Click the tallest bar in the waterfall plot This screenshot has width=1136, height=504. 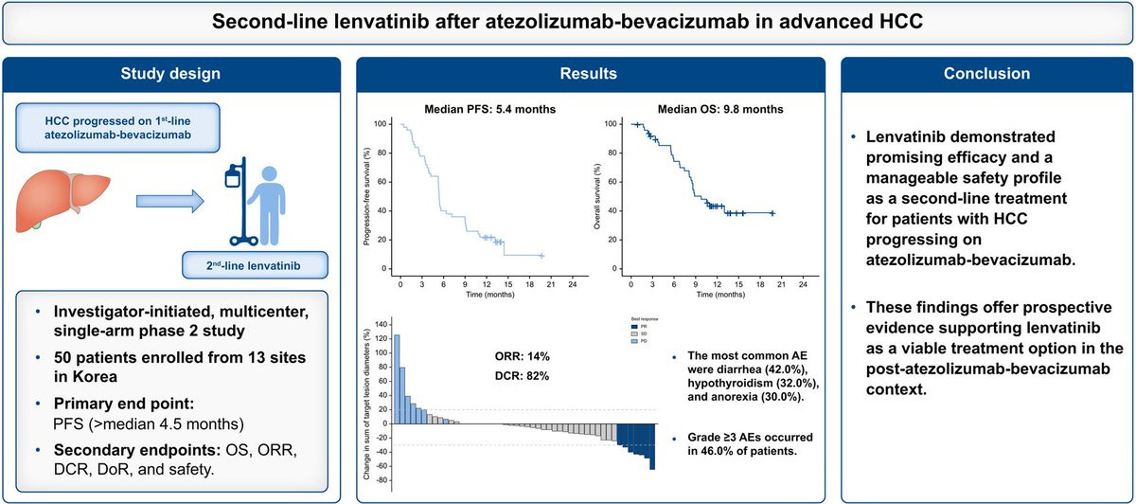pyautogui.click(x=397, y=378)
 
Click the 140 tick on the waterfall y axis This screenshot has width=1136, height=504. pyautogui.click(x=382, y=324)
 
